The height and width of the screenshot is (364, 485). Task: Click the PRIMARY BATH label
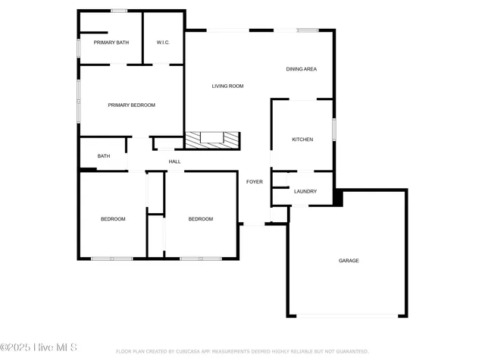pyautogui.click(x=111, y=42)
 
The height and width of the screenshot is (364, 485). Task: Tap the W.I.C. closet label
pyautogui.click(x=163, y=42)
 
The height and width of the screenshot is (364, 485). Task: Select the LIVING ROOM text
pyautogui.click(x=227, y=86)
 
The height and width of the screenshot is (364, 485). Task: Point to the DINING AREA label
pyautogui.click(x=301, y=69)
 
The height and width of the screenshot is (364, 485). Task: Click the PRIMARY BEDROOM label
pyautogui.click(x=131, y=105)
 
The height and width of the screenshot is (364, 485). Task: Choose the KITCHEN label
pyautogui.click(x=302, y=140)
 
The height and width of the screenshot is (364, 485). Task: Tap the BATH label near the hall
pyautogui.click(x=103, y=156)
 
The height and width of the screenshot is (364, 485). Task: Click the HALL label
pyautogui.click(x=174, y=162)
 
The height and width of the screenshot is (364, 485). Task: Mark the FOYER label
pyautogui.click(x=255, y=182)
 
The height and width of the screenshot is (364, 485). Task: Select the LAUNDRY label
pyautogui.click(x=305, y=192)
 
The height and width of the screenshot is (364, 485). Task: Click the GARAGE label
pyautogui.click(x=349, y=261)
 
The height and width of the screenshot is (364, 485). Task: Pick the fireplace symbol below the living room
pyautogui.click(x=212, y=140)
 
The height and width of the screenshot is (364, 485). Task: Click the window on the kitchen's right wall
pyautogui.click(x=333, y=129)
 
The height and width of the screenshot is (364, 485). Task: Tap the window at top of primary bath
pyautogui.click(x=118, y=11)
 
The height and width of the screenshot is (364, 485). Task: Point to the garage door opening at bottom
pyautogui.click(x=347, y=315)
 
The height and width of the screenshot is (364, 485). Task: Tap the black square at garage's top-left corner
pyautogui.click(x=338, y=198)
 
